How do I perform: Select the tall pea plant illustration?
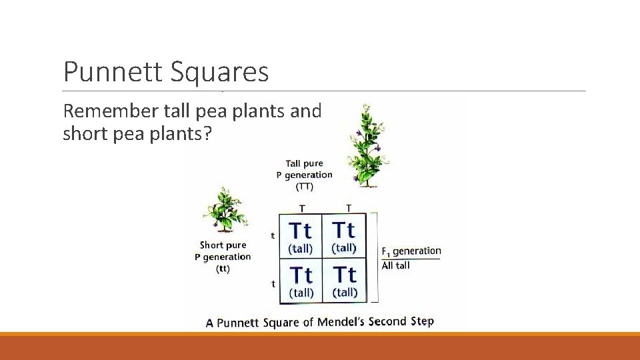(365, 145)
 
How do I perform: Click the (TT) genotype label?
(305, 187)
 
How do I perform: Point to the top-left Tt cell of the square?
(300, 236)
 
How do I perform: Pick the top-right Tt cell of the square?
(344, 236)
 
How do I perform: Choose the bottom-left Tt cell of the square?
(300, 280)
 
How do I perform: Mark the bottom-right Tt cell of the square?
(344, 280)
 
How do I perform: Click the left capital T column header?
(302, 208)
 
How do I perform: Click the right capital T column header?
(348, 208)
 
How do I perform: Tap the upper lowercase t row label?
(273, 235)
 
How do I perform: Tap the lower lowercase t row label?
(273, 283)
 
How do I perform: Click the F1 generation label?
(411, 251)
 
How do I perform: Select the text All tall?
(396, 265)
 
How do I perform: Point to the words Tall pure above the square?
(304, 163)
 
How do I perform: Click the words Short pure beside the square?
(223, 245)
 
